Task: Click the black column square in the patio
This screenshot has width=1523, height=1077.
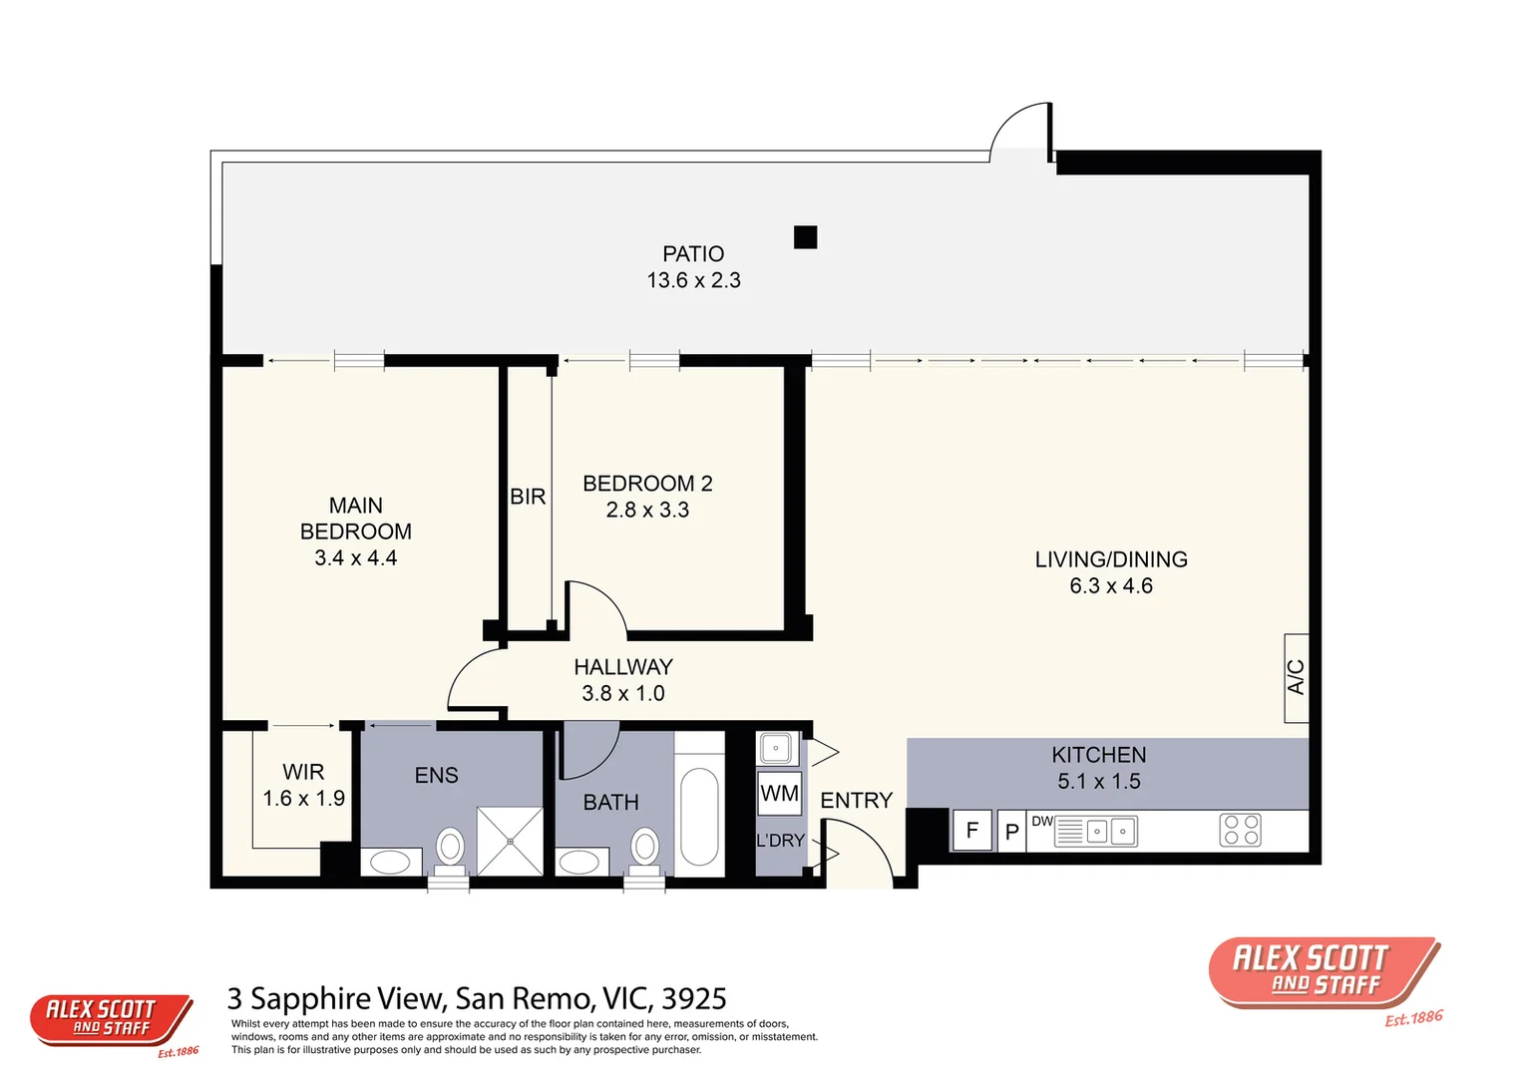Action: [805, 237]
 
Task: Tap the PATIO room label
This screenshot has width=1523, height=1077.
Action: [693, 254]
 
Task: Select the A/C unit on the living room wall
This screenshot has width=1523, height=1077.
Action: [1296, 677]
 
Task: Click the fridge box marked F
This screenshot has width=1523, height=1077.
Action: [972, 831]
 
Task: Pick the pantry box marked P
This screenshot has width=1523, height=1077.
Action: [1011, 832]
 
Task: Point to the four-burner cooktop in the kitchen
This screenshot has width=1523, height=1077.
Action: [1240, 830]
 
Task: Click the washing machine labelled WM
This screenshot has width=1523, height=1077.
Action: [779, 794]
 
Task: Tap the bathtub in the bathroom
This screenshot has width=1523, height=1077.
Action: [699, 816]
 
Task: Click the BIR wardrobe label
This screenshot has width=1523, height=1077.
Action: [528, 497]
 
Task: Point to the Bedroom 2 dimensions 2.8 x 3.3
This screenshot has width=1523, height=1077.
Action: [647, 511]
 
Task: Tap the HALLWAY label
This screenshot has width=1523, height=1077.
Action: [623, 667]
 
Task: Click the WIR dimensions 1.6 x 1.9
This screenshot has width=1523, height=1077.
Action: [303, 799]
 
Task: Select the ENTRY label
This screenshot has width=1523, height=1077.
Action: [856, 801]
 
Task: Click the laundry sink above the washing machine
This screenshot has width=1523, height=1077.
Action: [776, 748]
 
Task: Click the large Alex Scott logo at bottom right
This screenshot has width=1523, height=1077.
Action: [1323, 972]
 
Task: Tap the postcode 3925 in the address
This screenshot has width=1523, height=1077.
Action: [694, 998]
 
